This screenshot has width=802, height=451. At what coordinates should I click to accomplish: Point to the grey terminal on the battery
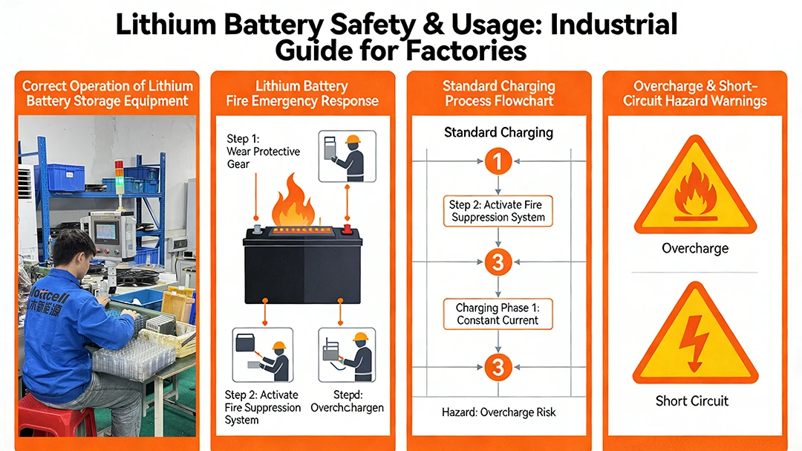coord(255,229)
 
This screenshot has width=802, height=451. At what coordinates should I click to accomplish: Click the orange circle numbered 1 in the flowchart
coord(498,160)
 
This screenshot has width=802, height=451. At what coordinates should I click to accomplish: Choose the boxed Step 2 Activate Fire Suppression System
coord(498,211)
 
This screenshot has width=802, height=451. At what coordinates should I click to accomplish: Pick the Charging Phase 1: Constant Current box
coord(498,314)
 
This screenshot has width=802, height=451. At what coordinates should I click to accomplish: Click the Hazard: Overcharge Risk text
coord(498,412)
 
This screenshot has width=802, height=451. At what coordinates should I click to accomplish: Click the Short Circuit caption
coord(692,401)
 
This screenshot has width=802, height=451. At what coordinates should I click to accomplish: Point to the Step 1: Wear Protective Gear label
coord(263,151)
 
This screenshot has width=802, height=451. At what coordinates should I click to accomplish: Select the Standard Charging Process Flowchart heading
coord(499,93)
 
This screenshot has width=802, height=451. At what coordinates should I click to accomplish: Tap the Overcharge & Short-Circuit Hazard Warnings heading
coord(694,93)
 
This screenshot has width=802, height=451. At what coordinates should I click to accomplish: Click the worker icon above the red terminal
coord(347,156)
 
